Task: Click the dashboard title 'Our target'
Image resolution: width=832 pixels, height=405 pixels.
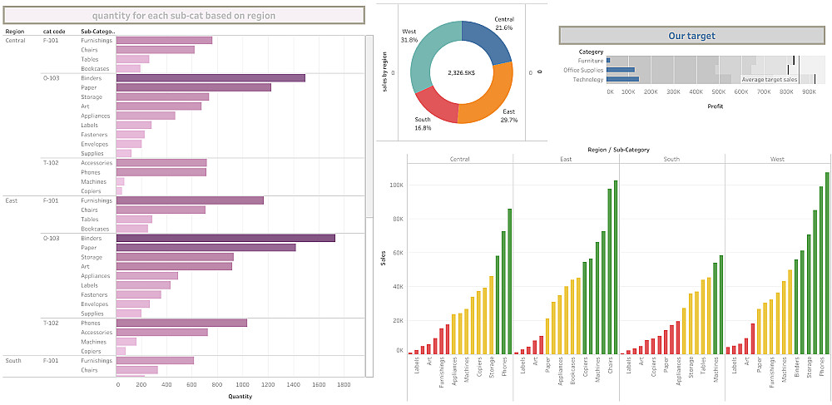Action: pyautogui.click(x=691, y=36)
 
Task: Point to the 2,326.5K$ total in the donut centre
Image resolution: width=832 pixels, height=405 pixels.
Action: pyautogui.click(x=460, y=72)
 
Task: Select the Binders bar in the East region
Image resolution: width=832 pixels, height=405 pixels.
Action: pyautogui.click(x=225, y=239)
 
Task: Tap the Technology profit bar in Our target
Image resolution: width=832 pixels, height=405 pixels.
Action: pyautogui.click(x=623, y=80)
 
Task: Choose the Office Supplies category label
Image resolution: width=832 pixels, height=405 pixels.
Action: pyautogui.click(x=583, y=70)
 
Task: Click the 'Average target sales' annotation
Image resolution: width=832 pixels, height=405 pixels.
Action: pyautogui.click(x=769, y=80)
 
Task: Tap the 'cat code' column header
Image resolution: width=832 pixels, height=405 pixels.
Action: pyautogui.click(x=54, y=32)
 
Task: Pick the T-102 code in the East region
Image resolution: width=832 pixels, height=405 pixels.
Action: pyautogui.click(x=51, y=323)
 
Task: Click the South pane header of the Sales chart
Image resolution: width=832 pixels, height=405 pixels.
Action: pyautogui.click(x=671, y=159)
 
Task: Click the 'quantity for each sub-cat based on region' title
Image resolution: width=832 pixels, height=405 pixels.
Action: pyautogui.click(x=184, y=16)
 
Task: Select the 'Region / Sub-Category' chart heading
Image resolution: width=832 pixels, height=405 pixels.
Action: pyautogui.click(x=617, y=150)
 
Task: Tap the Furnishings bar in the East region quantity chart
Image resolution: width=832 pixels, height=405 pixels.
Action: pyautogui.click(x=190, y=200)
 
